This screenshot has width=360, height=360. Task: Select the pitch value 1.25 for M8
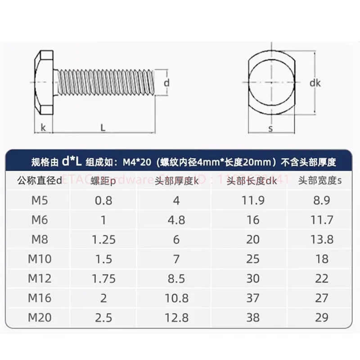(x=104, y=239)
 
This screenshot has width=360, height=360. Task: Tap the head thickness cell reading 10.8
(x=176, y=298)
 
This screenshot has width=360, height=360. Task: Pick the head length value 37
(x=253, y=298)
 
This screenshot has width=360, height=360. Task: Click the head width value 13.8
(x=322, y=239)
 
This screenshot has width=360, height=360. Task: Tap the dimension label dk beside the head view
(x=315, y=83)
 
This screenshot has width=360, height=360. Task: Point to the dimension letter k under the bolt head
(x=44, y=128)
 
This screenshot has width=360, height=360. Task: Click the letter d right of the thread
(x=166, y=83)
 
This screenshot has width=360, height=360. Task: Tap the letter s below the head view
(x=270, y=129)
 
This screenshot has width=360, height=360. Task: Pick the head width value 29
(x=322, y=317)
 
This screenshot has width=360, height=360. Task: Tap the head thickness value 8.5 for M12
(x=176, y=278)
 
